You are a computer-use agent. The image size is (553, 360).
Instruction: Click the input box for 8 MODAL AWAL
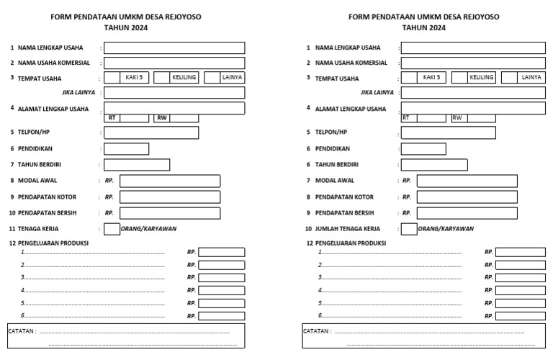(170, 181)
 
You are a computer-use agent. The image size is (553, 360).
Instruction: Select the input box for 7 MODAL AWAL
(467, 181)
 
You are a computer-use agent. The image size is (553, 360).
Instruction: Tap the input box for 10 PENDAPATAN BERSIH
(170, 213)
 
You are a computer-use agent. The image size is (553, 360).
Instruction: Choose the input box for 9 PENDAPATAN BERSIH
(467, 213)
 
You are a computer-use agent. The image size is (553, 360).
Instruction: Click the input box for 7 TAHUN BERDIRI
(137, 165)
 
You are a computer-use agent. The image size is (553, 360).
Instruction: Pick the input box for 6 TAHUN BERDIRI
(433, 165)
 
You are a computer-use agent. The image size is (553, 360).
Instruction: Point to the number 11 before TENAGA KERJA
(12, 229)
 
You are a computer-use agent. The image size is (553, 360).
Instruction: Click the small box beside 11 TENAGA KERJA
(112, 229)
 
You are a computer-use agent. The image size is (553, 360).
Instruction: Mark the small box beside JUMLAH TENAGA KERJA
(408, 229)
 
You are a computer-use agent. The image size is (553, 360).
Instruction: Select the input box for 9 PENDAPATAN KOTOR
(170, 197)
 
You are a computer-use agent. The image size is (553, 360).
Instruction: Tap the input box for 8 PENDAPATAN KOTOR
(467, 197)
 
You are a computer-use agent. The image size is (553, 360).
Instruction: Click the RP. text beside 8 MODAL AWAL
(109, 181)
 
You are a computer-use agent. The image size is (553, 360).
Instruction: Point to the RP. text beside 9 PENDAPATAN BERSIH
(407, 213)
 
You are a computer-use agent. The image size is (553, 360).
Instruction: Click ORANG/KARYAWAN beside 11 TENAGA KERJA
(149, 229)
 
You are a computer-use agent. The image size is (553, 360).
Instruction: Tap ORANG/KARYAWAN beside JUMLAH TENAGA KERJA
(446, 229)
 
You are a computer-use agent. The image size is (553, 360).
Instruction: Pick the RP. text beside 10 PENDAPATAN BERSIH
(109, 213)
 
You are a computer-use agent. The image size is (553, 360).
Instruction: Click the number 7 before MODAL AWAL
(308, 181)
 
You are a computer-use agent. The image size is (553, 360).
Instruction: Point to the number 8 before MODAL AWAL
(12, 181)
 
